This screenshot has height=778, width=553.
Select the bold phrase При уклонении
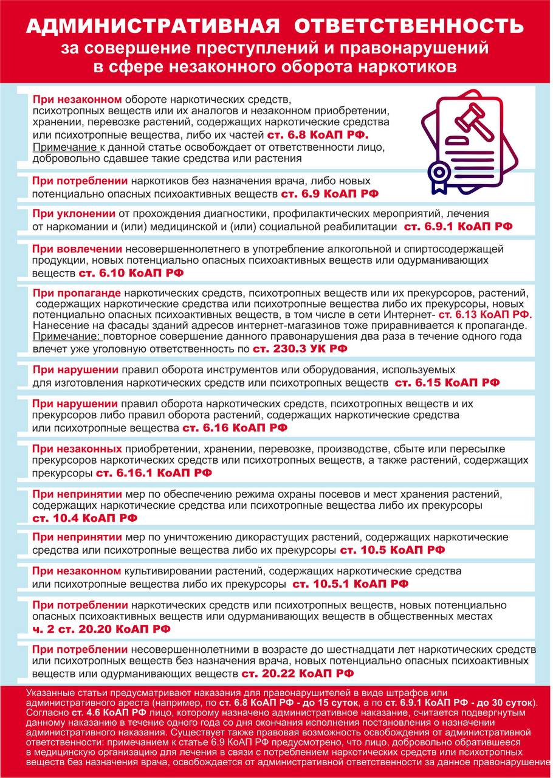click(74, 214)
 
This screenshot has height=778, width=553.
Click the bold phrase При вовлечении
click(78, 249)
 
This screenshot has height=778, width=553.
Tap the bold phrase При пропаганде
click(77, 292)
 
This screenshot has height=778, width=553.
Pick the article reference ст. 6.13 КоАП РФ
click(485, 315)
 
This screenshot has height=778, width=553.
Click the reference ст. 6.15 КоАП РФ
click(447, 383)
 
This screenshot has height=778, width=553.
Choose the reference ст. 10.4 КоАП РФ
click(84, 518)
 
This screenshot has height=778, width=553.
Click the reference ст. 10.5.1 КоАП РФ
click(350, 584)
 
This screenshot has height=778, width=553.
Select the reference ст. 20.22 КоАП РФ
click(297, 673)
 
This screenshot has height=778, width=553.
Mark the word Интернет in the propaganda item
click(407, 315)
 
